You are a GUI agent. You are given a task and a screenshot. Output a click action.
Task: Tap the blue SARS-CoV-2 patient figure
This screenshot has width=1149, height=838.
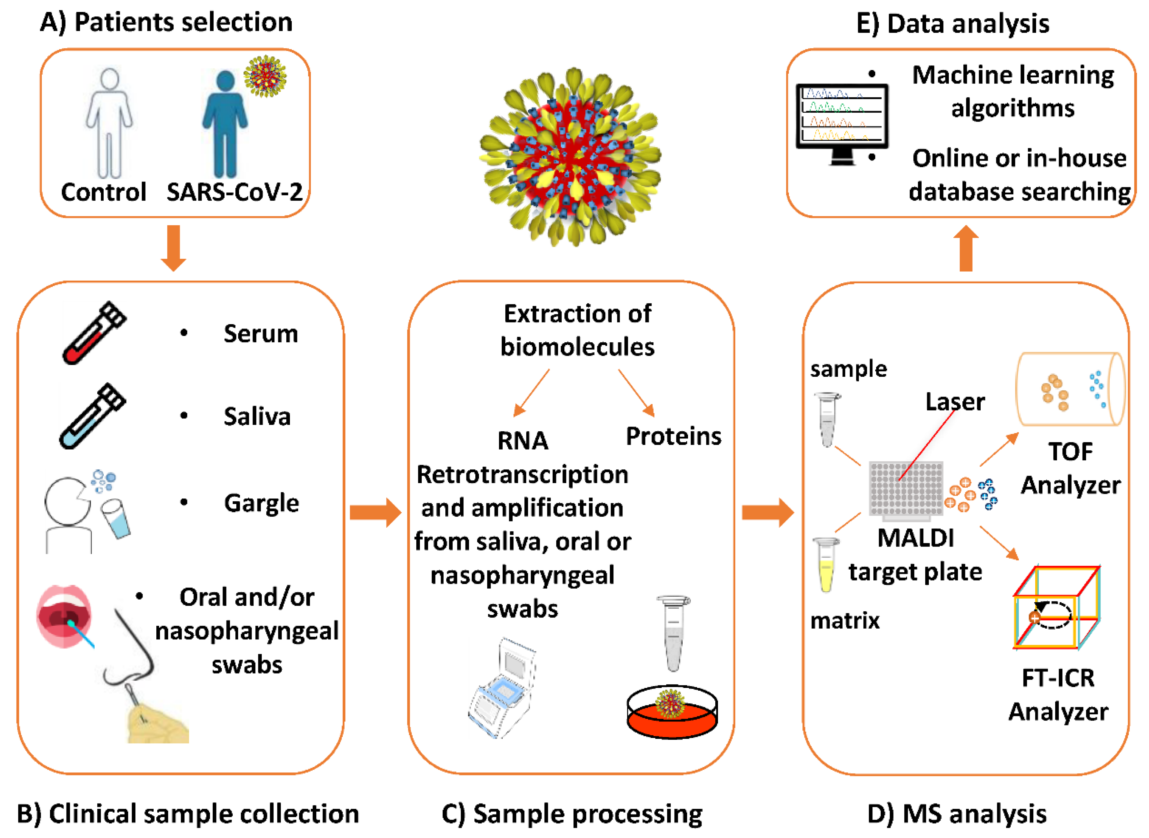(x=225, y=124)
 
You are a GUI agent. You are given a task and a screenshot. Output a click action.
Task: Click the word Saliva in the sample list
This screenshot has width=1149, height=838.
(x=257, y=417)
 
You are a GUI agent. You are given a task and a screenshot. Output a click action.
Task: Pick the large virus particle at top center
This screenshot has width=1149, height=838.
(x=570, y=157)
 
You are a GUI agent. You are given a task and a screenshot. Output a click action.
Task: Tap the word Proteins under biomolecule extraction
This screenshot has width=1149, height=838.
(x=673, y=436)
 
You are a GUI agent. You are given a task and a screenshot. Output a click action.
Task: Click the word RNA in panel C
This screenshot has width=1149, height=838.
(x=522, y=440)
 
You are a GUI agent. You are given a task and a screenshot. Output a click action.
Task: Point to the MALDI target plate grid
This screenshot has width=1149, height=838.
(x=905, y=488)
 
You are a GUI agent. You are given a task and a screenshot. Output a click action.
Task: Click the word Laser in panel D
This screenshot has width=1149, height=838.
(x=955, y=402)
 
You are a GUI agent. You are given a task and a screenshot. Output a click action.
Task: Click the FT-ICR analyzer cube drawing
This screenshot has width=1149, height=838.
(x=1056, y=608)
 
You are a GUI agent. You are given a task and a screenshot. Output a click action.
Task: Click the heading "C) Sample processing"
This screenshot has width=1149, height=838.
(x=572, y=814)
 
